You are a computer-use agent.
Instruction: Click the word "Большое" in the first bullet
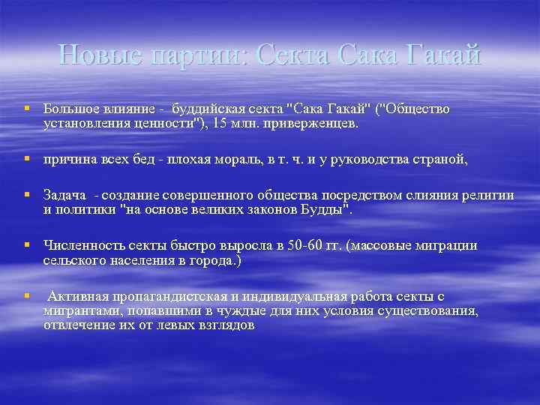(71, 109)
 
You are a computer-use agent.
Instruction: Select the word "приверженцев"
(312, 123)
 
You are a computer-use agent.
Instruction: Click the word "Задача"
(65, 196)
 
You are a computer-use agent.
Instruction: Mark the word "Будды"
(321, 209)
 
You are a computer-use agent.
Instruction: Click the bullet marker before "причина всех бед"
(27, 159)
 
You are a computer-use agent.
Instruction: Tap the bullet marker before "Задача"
(27, 196)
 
